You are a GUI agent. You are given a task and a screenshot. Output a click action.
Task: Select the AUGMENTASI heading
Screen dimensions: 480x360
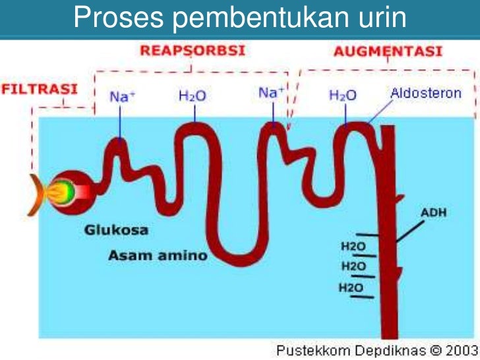tap(387, 51)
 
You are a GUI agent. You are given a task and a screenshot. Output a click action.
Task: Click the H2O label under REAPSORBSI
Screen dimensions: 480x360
tap(193, 96)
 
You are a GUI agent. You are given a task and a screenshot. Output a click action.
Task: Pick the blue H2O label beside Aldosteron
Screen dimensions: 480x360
tap(343, 96)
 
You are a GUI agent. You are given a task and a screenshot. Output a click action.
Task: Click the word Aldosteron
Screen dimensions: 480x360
tap(426, 94)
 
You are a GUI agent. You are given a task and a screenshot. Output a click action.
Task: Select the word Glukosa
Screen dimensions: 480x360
tap(116, 231)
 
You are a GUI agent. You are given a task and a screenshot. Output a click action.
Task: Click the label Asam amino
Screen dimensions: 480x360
tap(158, 255)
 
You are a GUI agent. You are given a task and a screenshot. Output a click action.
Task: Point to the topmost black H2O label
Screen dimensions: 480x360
tap(353, 246)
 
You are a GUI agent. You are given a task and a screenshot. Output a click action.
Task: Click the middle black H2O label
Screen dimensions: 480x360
tap(353, 266)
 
